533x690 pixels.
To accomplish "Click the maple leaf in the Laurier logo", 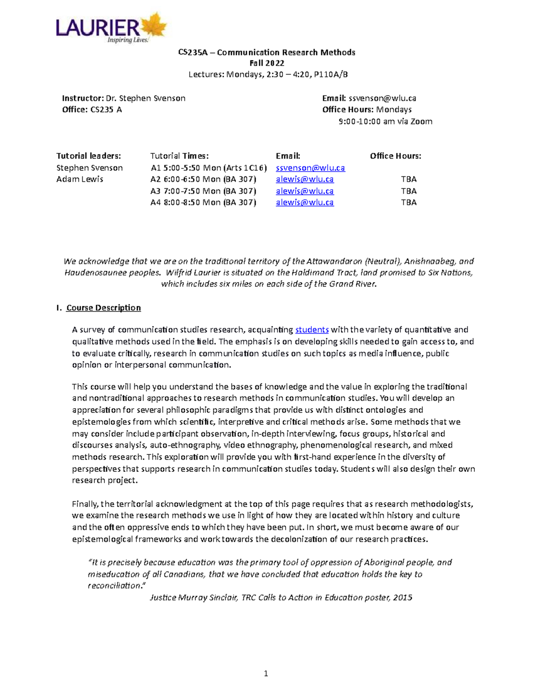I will coord(154,25).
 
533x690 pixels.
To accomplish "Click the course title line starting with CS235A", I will coord(266,52).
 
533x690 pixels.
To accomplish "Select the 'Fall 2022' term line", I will coord(266,63).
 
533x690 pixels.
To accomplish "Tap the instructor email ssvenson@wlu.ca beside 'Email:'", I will coord(382,98).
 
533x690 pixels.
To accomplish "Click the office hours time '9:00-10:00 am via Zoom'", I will coord(385,121).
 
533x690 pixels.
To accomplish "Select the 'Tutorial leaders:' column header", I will coord(88,156).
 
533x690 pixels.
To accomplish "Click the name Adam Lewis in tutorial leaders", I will coord(80,179).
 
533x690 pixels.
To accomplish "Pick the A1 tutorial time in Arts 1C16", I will coord(209,168).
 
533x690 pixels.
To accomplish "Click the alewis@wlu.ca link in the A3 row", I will coord(305,191).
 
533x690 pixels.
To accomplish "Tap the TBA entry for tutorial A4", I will coord(409,203).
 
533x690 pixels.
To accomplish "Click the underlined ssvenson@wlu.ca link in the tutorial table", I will coord(310,168).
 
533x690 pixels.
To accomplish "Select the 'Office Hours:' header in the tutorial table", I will coord(395,156).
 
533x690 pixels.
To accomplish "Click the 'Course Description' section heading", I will coord(103,308).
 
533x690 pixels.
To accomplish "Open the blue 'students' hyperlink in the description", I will coord(312,330).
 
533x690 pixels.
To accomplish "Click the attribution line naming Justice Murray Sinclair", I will coord(281,598).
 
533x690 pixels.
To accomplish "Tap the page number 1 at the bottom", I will coord(266,674).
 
